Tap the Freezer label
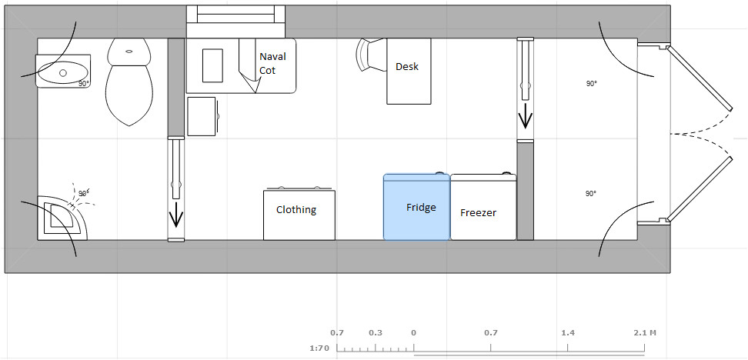click(478, 213)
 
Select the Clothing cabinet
click(299, 215)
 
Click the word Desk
click(407, 67)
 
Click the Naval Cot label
click(272, 63)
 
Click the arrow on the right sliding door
click(526, 117)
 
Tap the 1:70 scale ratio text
click(318, 348)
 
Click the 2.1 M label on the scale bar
click(644, 333)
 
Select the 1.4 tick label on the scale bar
click(568, 333)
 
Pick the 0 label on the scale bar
click(414, 333)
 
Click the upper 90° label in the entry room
click(590, 84)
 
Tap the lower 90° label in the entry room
click(590, 193)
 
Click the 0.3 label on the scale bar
click(376, 333)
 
